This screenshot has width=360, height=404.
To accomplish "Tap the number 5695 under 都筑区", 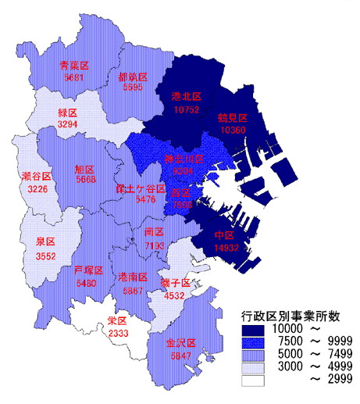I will [133, 88].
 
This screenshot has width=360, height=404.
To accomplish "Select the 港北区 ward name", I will [186, 97].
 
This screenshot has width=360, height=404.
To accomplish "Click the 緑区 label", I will [67, 113].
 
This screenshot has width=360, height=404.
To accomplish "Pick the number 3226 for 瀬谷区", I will [37, 189].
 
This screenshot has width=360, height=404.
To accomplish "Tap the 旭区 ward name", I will [84, 169].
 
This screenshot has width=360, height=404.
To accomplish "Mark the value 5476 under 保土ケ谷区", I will [146, 199].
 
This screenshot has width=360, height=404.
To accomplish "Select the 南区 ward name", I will [154, 233].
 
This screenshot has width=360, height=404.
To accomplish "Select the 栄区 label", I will [118, 320].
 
